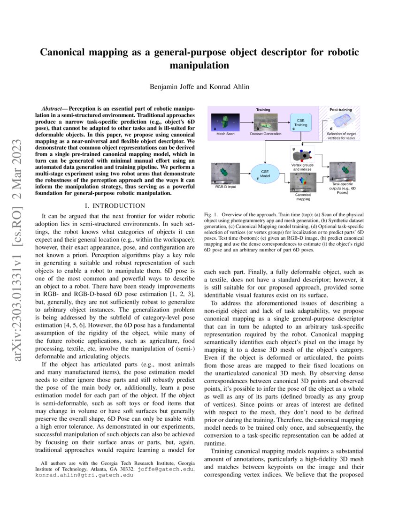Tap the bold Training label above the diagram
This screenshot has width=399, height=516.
coord(262,109)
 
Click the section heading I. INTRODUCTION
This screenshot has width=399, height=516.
coord(112,205)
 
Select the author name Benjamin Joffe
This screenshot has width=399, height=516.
coord(169,87)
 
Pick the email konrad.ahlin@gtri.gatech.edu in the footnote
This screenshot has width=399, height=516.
coord(79,475)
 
